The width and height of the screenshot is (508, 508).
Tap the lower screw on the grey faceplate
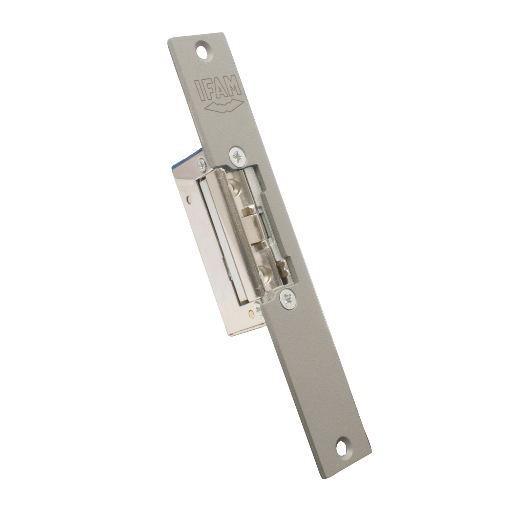[x=287, y=298]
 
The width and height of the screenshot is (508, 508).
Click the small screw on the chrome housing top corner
[x=202, y=165]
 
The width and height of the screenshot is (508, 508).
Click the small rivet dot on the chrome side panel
[x=188, y=200]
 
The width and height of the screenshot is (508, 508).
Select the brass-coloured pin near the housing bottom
[x=250, y=313]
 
